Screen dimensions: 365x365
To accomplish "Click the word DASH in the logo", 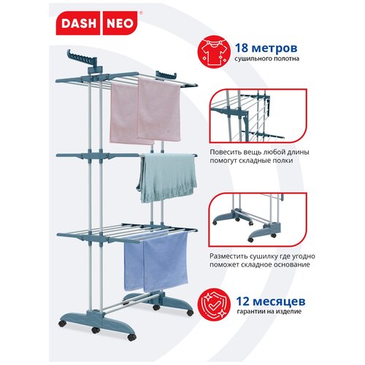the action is (78, 23).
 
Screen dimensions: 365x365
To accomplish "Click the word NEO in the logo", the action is (120, 23).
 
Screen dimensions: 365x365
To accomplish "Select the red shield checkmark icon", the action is (214, 304).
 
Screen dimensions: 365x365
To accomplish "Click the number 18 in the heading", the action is (241, 47).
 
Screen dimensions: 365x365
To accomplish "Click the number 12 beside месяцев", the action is (243, 301).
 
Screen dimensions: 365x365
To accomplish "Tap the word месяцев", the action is (279, 301).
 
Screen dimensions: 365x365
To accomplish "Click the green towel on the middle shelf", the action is (167, 177).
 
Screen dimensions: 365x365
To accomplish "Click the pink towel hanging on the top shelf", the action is (145, 111).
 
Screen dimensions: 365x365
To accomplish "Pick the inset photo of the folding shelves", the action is (258, 115).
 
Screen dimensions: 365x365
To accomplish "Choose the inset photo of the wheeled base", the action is (258, 220).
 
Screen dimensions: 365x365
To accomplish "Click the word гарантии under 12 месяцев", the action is (250, 312).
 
